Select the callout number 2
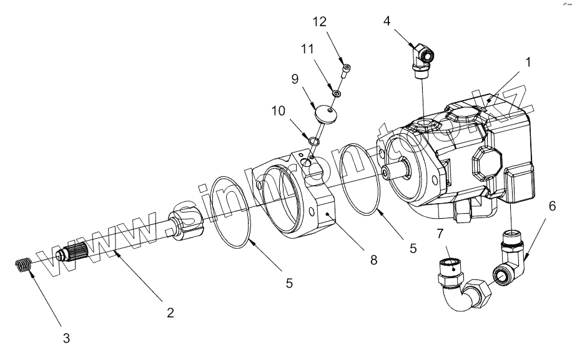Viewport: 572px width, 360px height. click(169, 312)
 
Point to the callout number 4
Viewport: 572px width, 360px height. click(387, 20)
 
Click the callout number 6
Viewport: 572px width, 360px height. click(551, 205)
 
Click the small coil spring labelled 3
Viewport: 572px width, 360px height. click(23, 265)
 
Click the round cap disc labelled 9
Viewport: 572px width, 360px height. click(325, 114)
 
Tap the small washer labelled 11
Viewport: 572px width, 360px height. click(336, 93)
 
